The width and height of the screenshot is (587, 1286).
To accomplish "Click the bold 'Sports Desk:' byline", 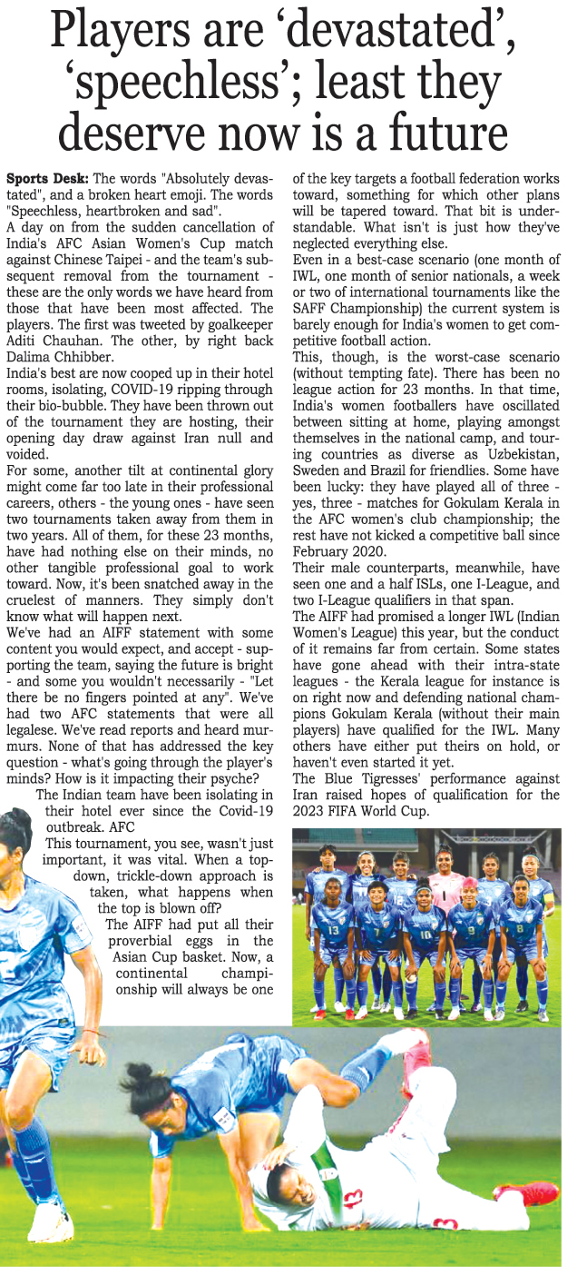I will pos(46,179).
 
